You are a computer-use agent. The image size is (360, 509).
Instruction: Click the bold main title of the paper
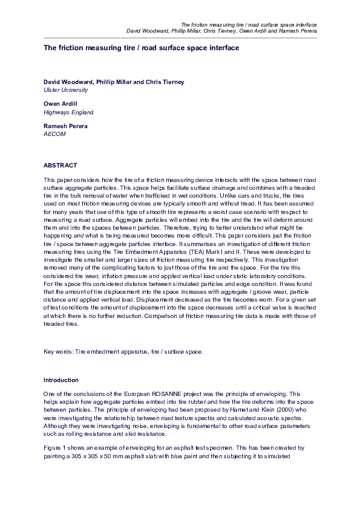(x=141, y=47)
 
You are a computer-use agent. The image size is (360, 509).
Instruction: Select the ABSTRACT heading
(x=60, y=165)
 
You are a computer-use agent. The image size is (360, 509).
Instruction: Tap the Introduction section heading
(x=61, y=380)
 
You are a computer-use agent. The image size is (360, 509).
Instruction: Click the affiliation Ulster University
(x=65, y=90)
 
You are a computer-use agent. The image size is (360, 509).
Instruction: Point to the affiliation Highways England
(x=68, y=112)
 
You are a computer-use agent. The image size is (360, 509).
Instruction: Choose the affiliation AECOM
(x=54, y=134)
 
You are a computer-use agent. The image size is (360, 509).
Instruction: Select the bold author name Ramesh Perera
(x=65, y=126)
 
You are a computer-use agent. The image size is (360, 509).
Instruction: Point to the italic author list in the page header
(x=221, y=31)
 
